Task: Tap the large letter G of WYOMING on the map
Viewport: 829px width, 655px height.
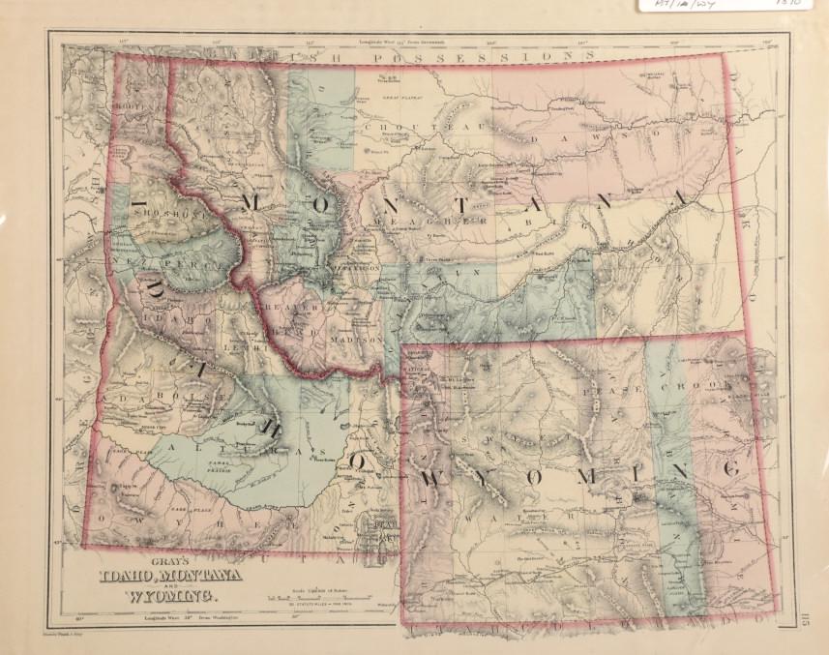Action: pyautogui.click(x=731, y=468)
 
